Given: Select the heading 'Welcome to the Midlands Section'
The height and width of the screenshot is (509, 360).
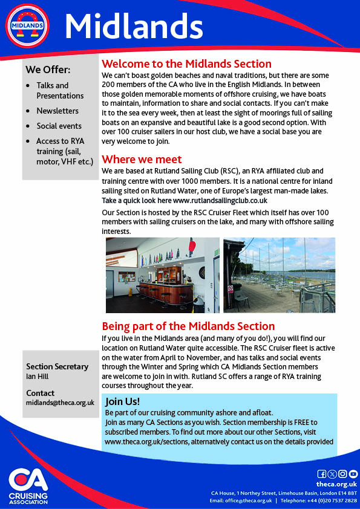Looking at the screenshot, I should pos(186,64).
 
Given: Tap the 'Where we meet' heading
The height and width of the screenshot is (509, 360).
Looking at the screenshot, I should pos(142,160).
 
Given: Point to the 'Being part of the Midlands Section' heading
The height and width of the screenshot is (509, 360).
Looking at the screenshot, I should pos(188,326).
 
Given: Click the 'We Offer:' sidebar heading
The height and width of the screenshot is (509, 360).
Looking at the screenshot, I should pos(48,70).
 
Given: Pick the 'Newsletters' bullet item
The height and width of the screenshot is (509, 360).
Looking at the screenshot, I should pos(57,111).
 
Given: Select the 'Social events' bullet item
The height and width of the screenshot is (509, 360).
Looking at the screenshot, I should pos(59,126).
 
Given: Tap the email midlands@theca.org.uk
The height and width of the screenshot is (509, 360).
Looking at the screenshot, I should pos(60,403).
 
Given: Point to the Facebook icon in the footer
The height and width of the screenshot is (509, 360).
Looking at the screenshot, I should pos(321,474).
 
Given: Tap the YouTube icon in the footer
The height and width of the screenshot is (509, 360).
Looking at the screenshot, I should pos(353,474).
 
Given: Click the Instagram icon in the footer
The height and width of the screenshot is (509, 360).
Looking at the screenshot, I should pos(342,474).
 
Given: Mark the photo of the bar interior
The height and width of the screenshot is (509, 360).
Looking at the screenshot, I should pos(162,275).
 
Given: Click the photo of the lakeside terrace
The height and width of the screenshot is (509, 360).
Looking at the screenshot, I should pos(279,275).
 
